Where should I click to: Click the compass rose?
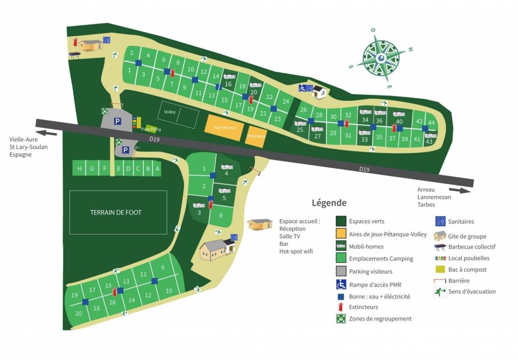coord(381,58)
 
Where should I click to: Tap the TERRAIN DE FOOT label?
coord(116,212)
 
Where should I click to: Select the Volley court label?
coord(170,112)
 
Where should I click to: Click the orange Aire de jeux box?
coord(222,128)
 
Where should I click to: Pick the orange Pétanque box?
coord(256,136)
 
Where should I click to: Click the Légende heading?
coord(329,203)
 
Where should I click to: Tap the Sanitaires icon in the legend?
coord(440,221)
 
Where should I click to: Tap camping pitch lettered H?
coord(79,168)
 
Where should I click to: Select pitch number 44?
coord(431,123)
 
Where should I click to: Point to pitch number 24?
coord(285,101)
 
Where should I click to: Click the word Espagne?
coord(20,154)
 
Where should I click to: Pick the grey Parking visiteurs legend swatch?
coord(341,272)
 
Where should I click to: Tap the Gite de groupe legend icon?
coord(440,235)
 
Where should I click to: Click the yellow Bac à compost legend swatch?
coord(440,270)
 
